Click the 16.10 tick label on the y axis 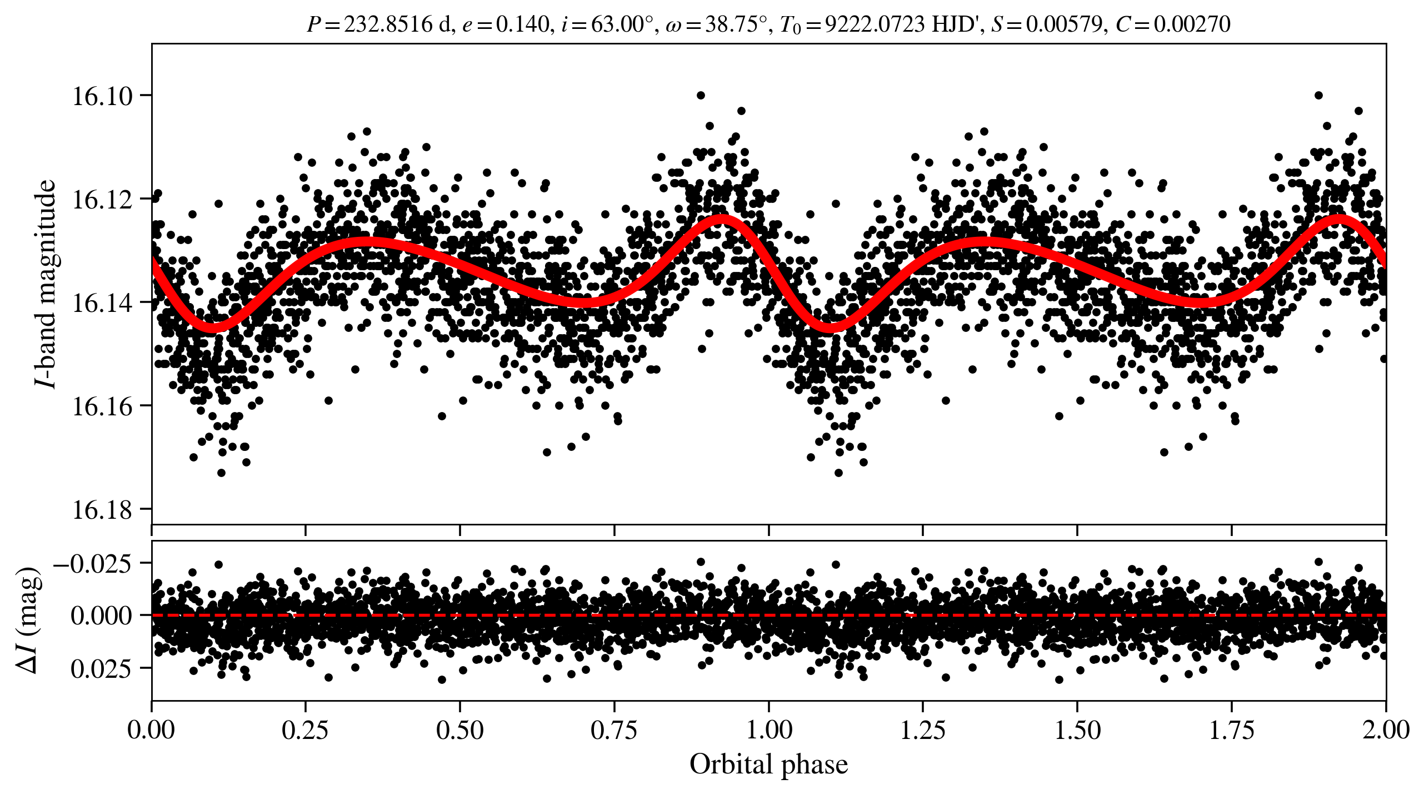click(x=103, y=96)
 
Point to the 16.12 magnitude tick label click(x=103, y=200)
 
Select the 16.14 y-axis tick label click(x=103, y=303)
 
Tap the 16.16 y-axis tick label click(x=103, y=406)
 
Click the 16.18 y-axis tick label click(x=103, y=510)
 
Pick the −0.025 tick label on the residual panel click(x=93, y=564)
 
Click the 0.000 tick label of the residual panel click(x=101, y=616)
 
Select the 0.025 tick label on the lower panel click(x=101, y=668)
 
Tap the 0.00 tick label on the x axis click(x=151, y=730)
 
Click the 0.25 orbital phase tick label click(x=305, y=730)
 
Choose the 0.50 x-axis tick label click(x=459, y=730)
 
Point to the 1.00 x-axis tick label click(x=768, y=730)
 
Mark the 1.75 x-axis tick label click(x=1232, y=730)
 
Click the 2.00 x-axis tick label click(x=1386, y=730)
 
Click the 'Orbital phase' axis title click(x=768, y=765)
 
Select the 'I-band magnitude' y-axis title click(x=46, y=284)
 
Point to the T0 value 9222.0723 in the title click(x=875, y=24)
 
